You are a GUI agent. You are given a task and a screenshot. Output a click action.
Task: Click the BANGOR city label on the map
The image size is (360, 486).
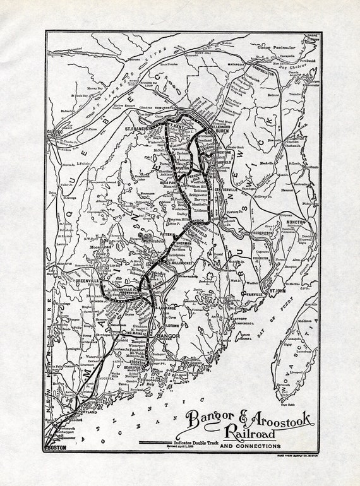click(x=169, y=337)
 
